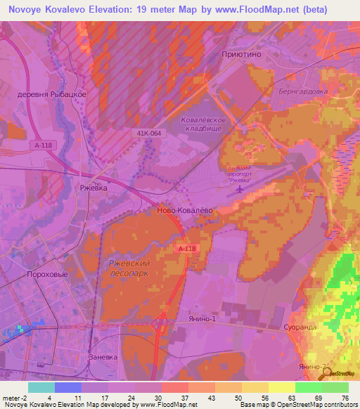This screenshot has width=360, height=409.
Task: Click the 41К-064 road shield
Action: point(145,132)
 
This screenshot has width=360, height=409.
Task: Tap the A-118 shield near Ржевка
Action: point(41,145)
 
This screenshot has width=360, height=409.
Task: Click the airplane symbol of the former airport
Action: point(240,188)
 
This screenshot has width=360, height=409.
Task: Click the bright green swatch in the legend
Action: point(308,387)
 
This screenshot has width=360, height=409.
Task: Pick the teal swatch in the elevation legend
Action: point(41,387)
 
